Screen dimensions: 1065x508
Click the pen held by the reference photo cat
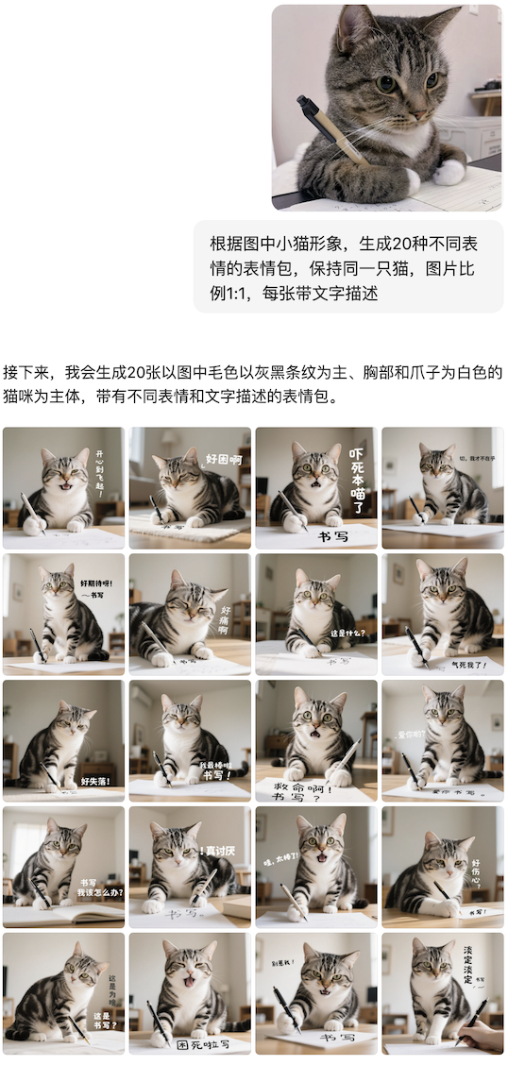pyautogui.click(x=330, y=127)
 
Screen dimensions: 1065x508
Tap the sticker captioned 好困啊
pyautogui.click(x=190, y=487)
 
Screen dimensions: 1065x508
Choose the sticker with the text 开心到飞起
pyautogui.click(x=63, y=487)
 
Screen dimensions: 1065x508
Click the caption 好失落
pyautogui.click(x=95, y=781)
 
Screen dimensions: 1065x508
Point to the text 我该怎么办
pyautogui.click(x=98, y=890)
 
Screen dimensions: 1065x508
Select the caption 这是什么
pyautogui.click(x=346, y=633)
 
